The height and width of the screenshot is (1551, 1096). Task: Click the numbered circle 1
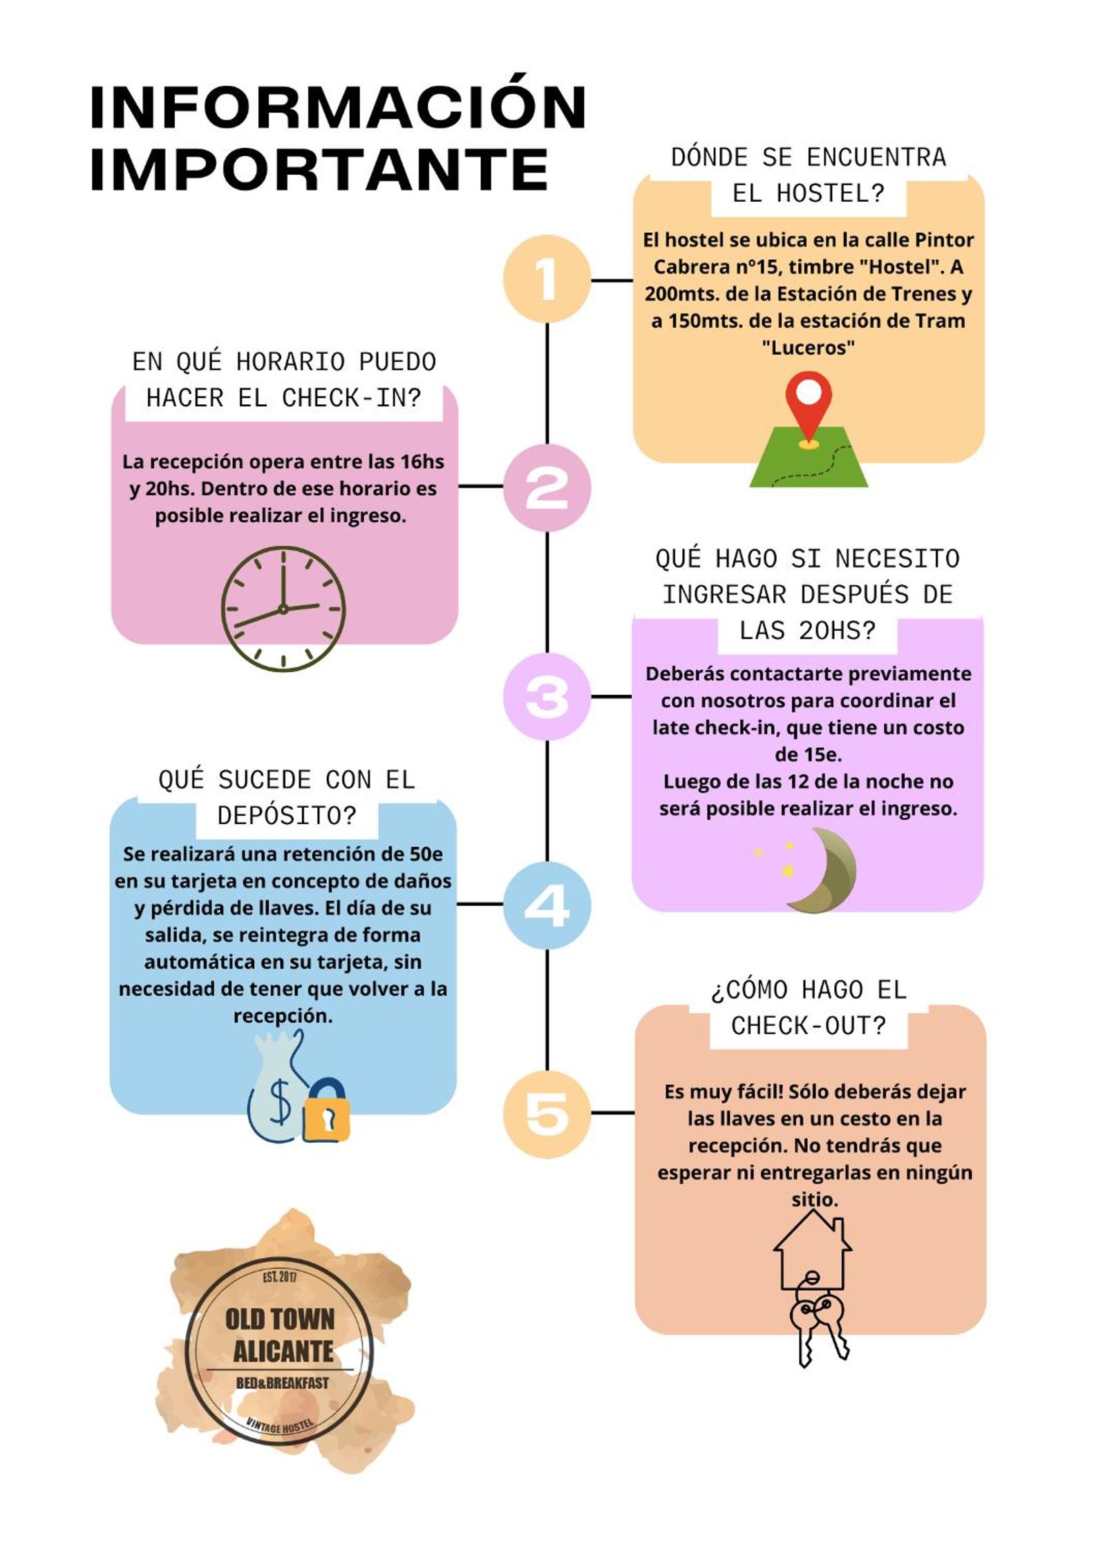[547, 279]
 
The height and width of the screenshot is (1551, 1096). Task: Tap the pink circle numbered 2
[547, 488]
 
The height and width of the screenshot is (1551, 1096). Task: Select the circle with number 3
[547, 696]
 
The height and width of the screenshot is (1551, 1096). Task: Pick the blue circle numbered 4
[547, 905]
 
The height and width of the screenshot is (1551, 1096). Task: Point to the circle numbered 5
[547, 1114]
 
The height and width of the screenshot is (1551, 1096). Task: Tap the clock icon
[283, 609]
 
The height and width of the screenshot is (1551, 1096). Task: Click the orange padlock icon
[326, 1110]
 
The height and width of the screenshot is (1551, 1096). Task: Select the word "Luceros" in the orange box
[808, 347]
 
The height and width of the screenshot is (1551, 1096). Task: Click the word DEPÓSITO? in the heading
[287, 816]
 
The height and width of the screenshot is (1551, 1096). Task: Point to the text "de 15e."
[808, 754]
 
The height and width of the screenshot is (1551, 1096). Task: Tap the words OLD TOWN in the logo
[280, 1319]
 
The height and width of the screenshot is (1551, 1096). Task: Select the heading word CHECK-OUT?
[809, 1026]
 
